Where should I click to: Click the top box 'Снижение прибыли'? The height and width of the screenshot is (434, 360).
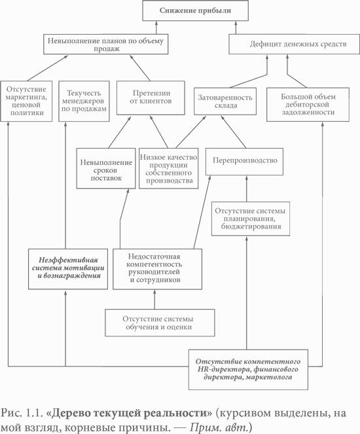point(195,10)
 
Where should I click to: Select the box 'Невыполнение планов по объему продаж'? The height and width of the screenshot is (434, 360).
point(105,44)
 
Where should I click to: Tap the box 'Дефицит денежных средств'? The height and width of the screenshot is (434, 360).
point(294,44)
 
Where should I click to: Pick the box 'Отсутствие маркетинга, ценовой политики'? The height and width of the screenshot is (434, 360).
point(26,101)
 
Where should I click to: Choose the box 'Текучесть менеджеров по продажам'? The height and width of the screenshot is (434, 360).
point(84,101)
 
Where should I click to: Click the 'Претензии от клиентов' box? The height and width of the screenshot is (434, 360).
point(151,98)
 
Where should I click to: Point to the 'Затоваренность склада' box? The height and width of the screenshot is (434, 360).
point(225,101)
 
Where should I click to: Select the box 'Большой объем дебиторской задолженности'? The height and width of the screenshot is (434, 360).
point(308,105)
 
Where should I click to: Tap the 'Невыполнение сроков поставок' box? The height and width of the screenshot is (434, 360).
point(106,168)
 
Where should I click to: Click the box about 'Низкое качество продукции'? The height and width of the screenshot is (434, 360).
point(168,168)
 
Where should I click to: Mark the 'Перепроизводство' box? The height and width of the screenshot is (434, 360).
point(244,162)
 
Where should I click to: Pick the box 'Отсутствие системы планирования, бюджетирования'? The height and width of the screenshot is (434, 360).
point(251,219)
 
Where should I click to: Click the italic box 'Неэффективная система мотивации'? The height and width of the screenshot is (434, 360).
point(68,269)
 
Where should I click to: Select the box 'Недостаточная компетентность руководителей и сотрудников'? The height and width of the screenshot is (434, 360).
point(158,269)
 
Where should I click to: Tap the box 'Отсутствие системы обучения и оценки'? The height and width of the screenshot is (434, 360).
point(160,323)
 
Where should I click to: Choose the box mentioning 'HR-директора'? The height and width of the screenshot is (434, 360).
point(248,369)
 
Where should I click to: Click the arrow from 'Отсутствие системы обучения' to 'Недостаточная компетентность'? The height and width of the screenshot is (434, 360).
point(154,299)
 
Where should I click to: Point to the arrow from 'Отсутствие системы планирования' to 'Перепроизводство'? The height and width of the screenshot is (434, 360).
point(247,189)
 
